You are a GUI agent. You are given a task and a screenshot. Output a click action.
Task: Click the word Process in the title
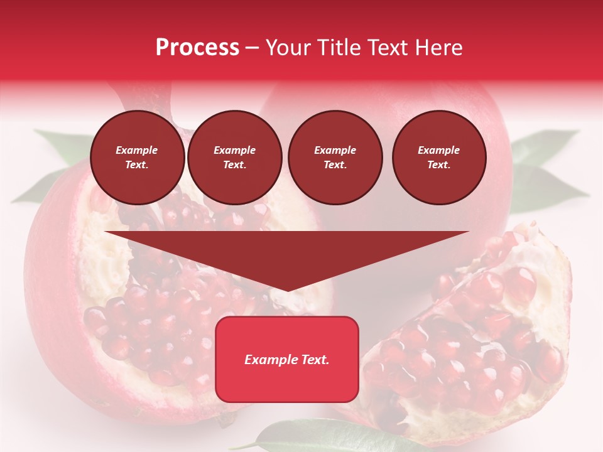(x=197, y=48)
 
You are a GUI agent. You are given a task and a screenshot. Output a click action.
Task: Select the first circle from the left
(x=137, y=158)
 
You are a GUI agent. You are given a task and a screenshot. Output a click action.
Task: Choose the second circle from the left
(x=234, y=158)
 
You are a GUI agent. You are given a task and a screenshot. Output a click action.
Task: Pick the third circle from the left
(x=335, y=158)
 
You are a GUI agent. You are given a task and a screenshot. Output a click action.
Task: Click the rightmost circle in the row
(x=438, y=158)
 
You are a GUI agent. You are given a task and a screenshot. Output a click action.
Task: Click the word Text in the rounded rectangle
(x=314, y=360)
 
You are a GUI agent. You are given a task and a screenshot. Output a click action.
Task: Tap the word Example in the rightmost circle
(x=438, y=150)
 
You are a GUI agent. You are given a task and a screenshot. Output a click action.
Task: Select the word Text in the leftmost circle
(x=136, y=165)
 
